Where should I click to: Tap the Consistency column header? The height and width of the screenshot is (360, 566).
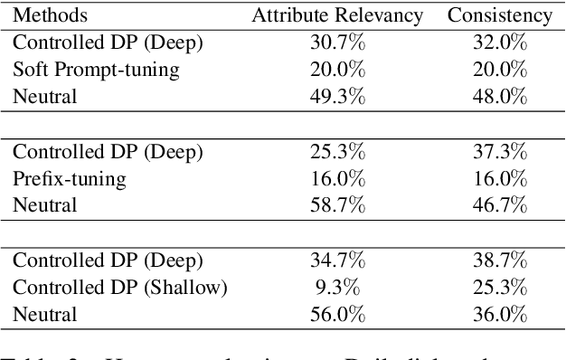(500, 15)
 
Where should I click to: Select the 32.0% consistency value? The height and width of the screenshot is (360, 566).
(501, 42)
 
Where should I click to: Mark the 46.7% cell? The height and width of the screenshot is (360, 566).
(501, 206)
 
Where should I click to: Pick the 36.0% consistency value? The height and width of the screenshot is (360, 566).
(501, 315)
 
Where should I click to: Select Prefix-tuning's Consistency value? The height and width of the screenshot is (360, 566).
(501, 180)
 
